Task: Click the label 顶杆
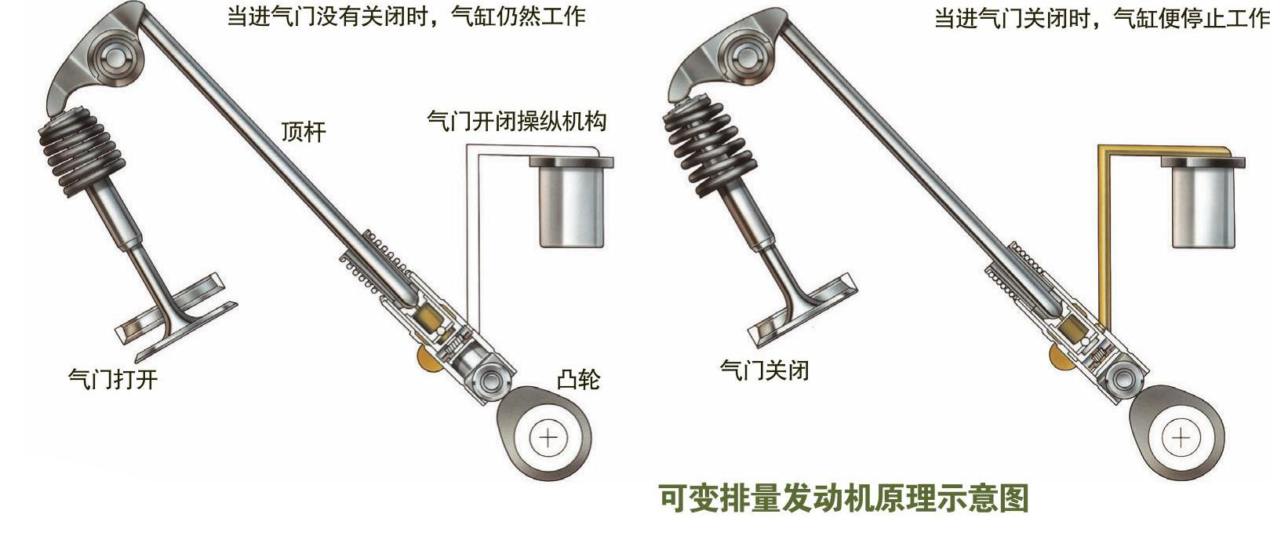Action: click(x=304, y=132)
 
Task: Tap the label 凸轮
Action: click(x=578, y=380)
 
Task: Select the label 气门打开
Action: click(x=113, y=379)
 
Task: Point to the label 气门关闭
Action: click(x=764, y=370)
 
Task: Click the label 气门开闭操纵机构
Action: click(x=516, y=121)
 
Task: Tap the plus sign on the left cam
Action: click(x=548, y=439)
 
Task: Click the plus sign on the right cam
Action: click(x=1181, y=438)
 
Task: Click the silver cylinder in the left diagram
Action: click(x=571, y=202)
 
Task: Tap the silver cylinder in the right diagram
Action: click(x=1203, y=202)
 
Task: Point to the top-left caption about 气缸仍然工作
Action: click(x=406, y=16)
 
